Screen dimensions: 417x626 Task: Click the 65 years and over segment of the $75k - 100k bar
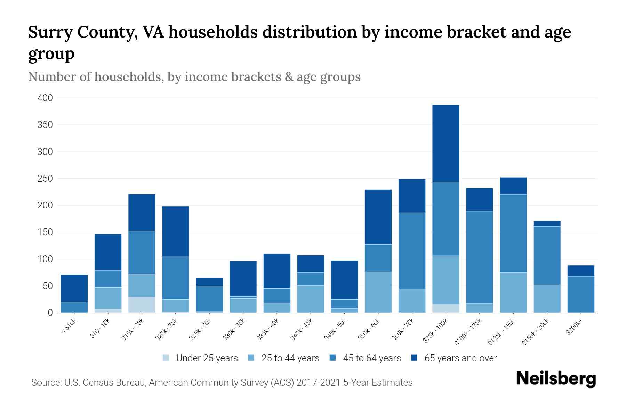446,143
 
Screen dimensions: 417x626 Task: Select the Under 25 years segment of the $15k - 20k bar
142,305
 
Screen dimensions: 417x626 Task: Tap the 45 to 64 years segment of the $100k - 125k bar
479,257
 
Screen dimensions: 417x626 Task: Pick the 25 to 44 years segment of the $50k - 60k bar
378,292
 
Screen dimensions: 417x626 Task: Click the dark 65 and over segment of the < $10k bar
74,288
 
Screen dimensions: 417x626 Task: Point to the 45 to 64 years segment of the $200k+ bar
580,294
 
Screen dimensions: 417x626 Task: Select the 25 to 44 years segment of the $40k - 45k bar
311,299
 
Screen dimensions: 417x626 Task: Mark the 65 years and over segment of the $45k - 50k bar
344,280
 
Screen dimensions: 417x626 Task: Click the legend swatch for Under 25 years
166,358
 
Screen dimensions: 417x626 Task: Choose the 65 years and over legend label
460,358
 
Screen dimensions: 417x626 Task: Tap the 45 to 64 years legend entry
372,358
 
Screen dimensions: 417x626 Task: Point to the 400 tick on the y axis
45,98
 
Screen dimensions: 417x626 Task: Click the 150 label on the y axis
45,232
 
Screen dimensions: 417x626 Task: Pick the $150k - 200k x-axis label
536,332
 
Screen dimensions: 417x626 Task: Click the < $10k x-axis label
69,327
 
